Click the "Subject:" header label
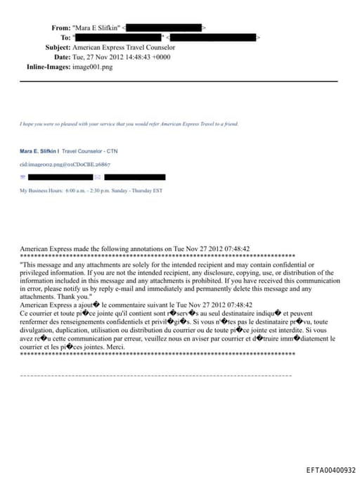click(58, 47)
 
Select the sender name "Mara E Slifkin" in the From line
click(96, 27)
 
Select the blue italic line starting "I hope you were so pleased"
click(129, 124)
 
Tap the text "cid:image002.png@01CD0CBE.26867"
click(65, 164)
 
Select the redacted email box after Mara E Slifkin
click(165, 27)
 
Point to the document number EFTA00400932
click(330, 470)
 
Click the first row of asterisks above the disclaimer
click(157, 256)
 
